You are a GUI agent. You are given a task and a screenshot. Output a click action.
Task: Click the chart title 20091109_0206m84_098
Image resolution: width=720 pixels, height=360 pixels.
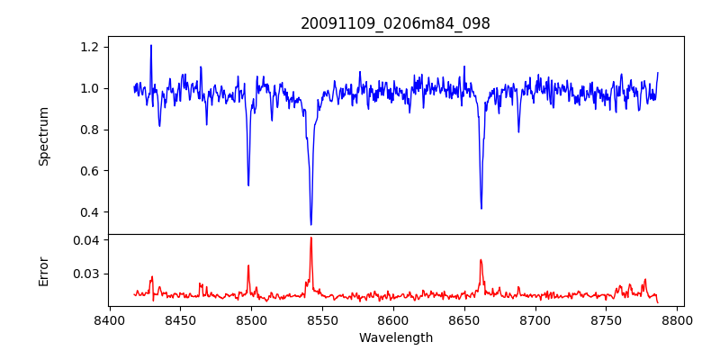395,23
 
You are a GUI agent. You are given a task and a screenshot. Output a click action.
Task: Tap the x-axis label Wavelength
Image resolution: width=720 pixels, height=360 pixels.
395,337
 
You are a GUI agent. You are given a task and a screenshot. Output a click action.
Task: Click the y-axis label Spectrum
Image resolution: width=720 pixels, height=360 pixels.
44,136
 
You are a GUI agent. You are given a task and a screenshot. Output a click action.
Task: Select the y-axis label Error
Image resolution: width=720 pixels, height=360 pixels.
44,270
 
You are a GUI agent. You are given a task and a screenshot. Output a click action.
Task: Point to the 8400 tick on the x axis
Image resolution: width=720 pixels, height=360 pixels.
109,319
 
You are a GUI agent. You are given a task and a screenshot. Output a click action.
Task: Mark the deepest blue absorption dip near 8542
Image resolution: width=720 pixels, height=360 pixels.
310,224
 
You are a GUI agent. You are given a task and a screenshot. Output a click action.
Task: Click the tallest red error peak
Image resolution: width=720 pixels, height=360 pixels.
310,238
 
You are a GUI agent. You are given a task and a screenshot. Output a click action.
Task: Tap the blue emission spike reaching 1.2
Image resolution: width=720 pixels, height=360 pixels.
151,45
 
